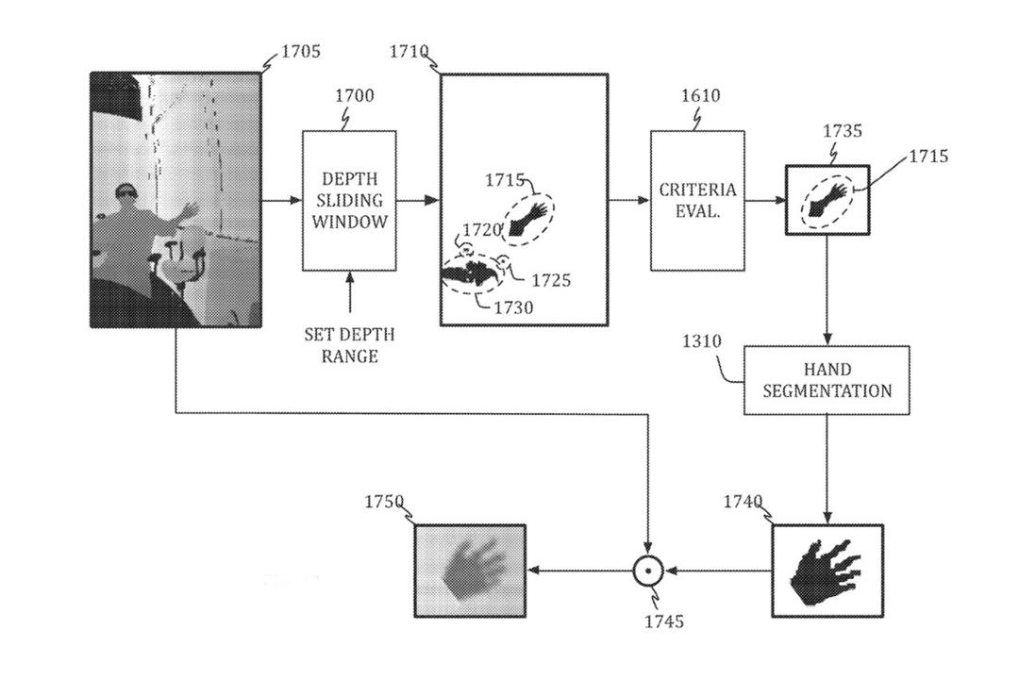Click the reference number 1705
click(x=301, y=51)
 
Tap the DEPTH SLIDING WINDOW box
click(x=350, y=201)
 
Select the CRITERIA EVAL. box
click(x=698, y=201)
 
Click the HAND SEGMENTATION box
click(x=827, y=380)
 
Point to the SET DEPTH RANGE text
click(x=350, y=345)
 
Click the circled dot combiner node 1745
click(x=648, y=571)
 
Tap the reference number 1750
click(x=384, y=502)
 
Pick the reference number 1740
click(x=743, y=502)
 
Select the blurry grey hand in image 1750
click(x=473, y=571)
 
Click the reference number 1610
click(x=700, y=95)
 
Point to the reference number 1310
click(x=702, y=341)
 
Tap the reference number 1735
click(x=843, y=130)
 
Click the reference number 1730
click(x=513, y=307)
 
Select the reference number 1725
click(x=551, y=280)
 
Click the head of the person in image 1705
click(x=125, y=192)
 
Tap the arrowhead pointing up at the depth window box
click(x=350, y=278)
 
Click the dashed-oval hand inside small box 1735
click(x=828, y=201)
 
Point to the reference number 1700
click(x=354, y=95)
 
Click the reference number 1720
click(x=481, y=229)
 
